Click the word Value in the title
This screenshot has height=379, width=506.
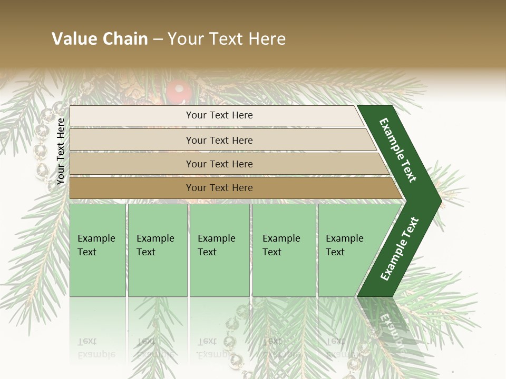(73, 39)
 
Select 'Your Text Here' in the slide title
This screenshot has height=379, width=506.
(227, 39)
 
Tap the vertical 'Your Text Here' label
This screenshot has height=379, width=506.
(61, 152)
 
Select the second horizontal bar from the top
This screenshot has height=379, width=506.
(219, 140)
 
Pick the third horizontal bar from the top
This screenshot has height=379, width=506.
(219, 164)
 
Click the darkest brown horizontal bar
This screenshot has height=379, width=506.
(219, 188)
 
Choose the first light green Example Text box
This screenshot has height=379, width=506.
(98, 250)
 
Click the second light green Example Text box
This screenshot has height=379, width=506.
(157, 250)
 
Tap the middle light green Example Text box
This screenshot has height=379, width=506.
(219, 250)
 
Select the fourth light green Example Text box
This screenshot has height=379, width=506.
(284, 250)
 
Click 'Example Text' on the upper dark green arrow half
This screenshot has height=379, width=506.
(398, 150)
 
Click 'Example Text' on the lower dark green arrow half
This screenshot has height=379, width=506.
(400, 248)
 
